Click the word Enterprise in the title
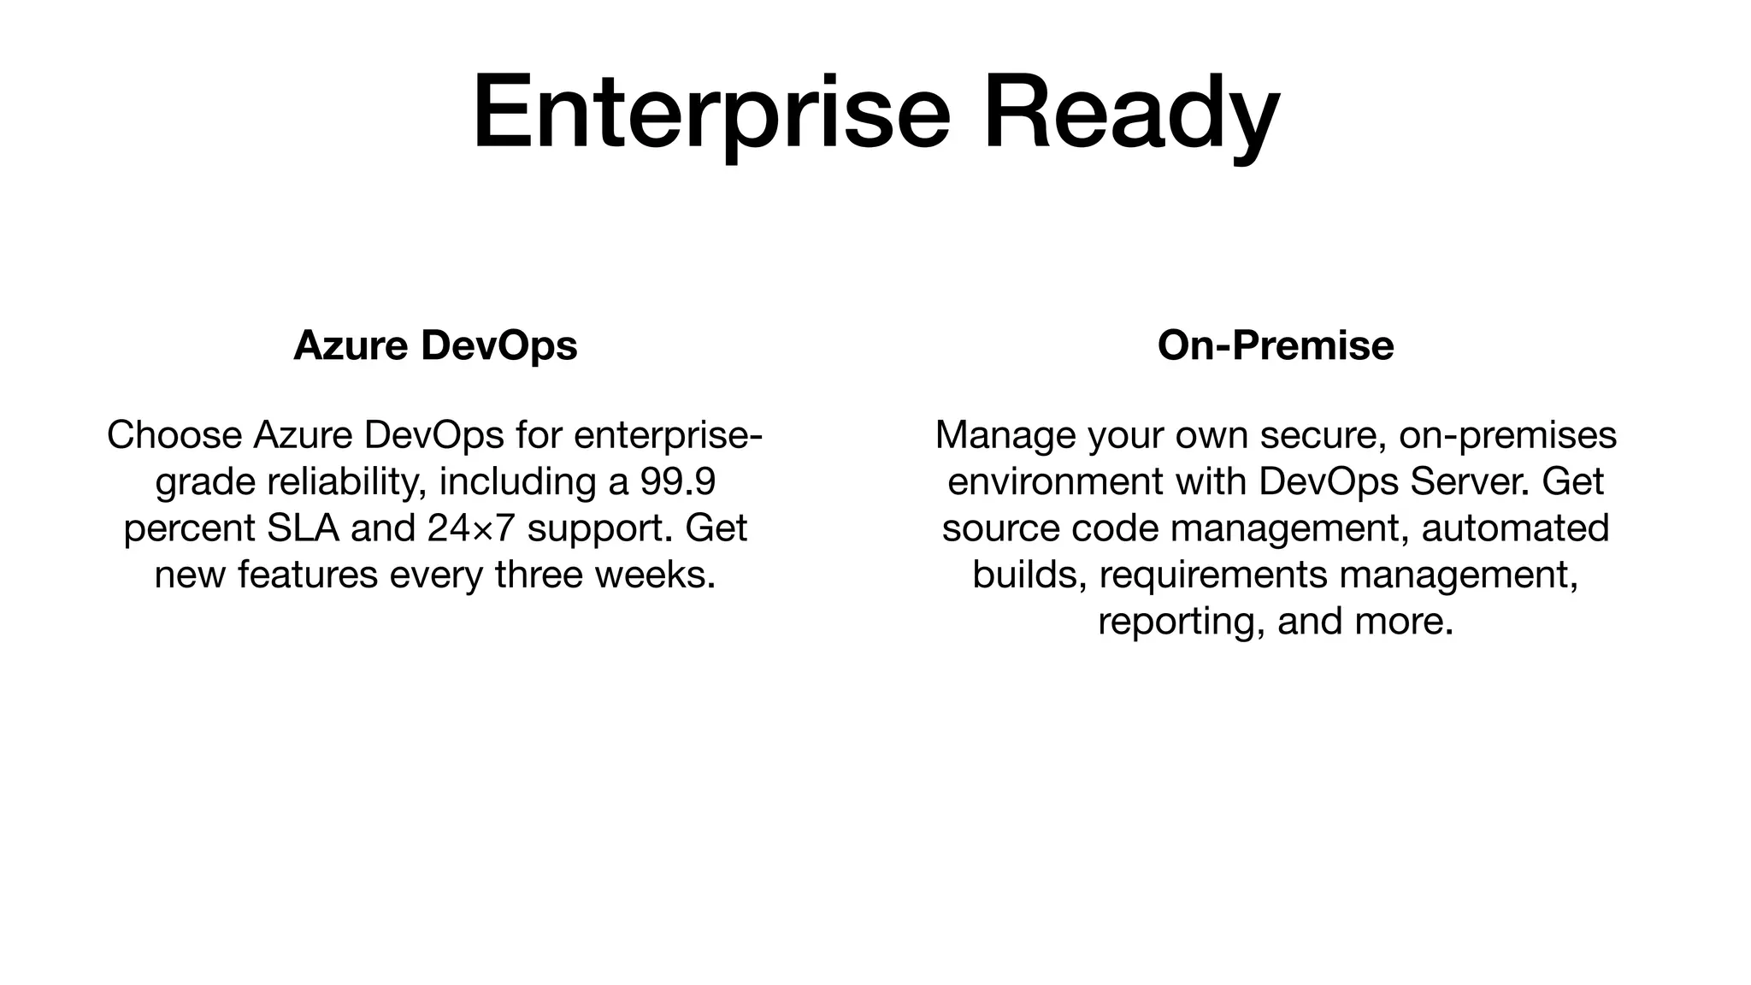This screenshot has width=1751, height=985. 711,113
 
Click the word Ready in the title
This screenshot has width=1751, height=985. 1130,113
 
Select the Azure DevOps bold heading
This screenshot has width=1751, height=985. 435,345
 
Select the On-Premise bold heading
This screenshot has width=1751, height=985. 1275,345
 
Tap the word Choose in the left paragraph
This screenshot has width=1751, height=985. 174,435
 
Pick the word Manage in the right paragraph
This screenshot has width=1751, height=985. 1005,435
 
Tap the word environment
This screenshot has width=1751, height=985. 1055,481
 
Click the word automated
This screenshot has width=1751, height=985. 1515,528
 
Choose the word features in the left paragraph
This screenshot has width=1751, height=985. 308,574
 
